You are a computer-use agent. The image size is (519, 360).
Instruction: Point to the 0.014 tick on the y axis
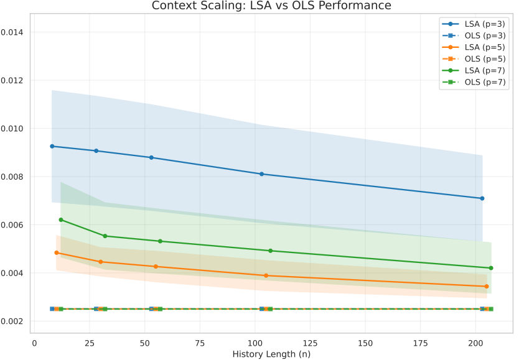click(x=14, y=32)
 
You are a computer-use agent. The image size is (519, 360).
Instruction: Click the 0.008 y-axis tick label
click(x=14, y=177)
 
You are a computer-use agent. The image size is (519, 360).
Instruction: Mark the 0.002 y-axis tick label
click(x=14, y=321)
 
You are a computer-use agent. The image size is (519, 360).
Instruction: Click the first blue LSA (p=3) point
click(x=52, y=146)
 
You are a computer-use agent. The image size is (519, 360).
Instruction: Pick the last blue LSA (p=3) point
click(x=482, y=198)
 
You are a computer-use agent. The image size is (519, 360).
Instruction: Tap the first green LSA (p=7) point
click(x=61, y=219)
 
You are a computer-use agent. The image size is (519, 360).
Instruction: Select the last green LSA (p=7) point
click(x=491, y=268)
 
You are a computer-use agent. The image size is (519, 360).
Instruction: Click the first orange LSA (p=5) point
click(x=57, y=253)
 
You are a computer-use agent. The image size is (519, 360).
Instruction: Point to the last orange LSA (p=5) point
click(x=487, y=286)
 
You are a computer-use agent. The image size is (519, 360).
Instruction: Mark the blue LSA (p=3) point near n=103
click(x=261, y=174)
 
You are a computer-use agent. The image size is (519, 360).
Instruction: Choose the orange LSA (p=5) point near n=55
click(x=156, y=267)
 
